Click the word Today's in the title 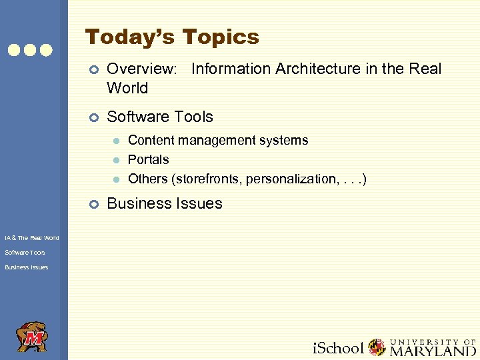pos(130,37)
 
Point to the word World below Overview pos(127,88)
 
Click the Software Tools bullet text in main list pos(160,117)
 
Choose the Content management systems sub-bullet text pos(218,140)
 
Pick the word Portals pos(148,159)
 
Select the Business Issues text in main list pos(165,203)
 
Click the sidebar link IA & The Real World pos(31,238)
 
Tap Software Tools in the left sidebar pos(25,253)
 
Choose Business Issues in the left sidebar pos(26,267)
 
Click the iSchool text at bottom pos(339,348)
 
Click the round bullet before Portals pos(115,160)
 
